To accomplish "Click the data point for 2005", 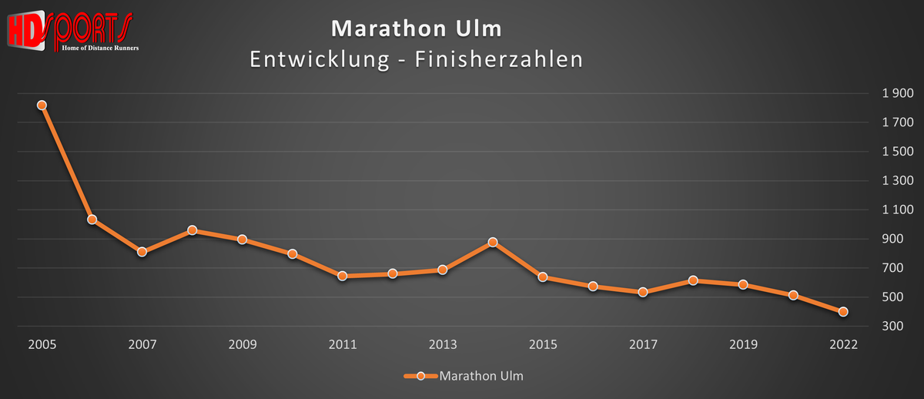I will click(x=42, y=106).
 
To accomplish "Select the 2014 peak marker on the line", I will click(x=493, y=242).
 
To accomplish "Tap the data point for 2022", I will click(x=843, y=312).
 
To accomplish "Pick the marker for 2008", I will click(x=192, y=230).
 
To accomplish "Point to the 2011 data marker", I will click(x=342, y=276).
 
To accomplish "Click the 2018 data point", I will click(x=693, y=280).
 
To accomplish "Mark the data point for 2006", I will click(x=92, y=220).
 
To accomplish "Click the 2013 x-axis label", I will click(x=442, y=344).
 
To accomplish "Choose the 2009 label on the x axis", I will click(x=242, y=344).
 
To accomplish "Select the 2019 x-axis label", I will click(x=743, y=344).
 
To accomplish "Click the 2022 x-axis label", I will click(x=843, y=344).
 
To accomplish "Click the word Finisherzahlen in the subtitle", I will click(x=498, y=59).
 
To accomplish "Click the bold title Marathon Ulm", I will click(x=416, y=29).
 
